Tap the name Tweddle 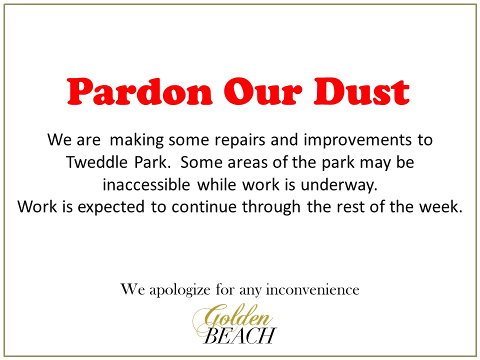(96, 162)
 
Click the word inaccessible (146, 184)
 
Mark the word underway (339, 185)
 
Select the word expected (111, 207)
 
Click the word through (271, 207)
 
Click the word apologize (180, 290)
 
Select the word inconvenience (312, 289)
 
